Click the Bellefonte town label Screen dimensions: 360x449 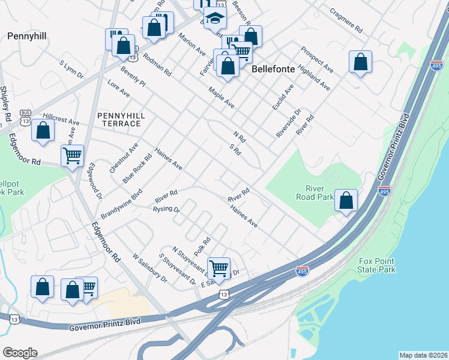pos(273,69)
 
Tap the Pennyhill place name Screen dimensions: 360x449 pos(27,36)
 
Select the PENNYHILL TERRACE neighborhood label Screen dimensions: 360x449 pos(119,119)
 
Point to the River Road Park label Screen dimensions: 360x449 pos(315,192)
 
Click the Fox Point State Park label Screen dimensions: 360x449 pos(377,265)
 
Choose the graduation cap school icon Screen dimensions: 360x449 pos(214,19)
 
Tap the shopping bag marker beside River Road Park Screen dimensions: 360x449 pos(346,201)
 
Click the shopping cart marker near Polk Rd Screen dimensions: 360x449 pos(218,268)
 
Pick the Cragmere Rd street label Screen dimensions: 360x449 pos(346,20)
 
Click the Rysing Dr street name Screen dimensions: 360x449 pos(166,209)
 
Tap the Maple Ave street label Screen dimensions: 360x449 pos(221,97)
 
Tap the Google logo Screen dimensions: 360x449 pos(20,353)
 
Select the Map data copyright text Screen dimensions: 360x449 pos(423,355)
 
